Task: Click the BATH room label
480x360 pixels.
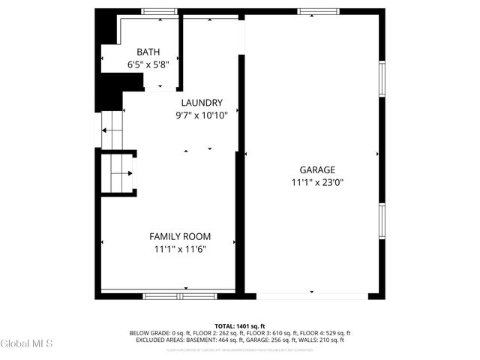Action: (x=148, y=52)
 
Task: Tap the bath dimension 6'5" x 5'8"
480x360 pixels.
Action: (x=148, y=64)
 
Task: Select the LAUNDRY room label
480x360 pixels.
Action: (x=202, y=103)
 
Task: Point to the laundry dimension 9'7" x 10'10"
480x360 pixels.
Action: (x=202, y=115)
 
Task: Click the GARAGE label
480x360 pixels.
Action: (x=317, y=170)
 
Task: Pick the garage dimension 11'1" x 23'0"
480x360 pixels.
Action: (x=317, y=182)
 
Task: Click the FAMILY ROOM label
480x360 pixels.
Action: (x=180, y=236)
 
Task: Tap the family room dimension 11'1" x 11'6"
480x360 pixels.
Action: (x=180, y=249)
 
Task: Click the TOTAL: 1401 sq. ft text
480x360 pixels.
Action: (x=240, y=325)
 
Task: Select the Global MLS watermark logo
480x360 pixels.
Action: (x=27, y=343)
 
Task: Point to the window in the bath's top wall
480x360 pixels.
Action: (x=154, y=11)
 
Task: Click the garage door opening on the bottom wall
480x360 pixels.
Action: (x=311, y=295)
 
